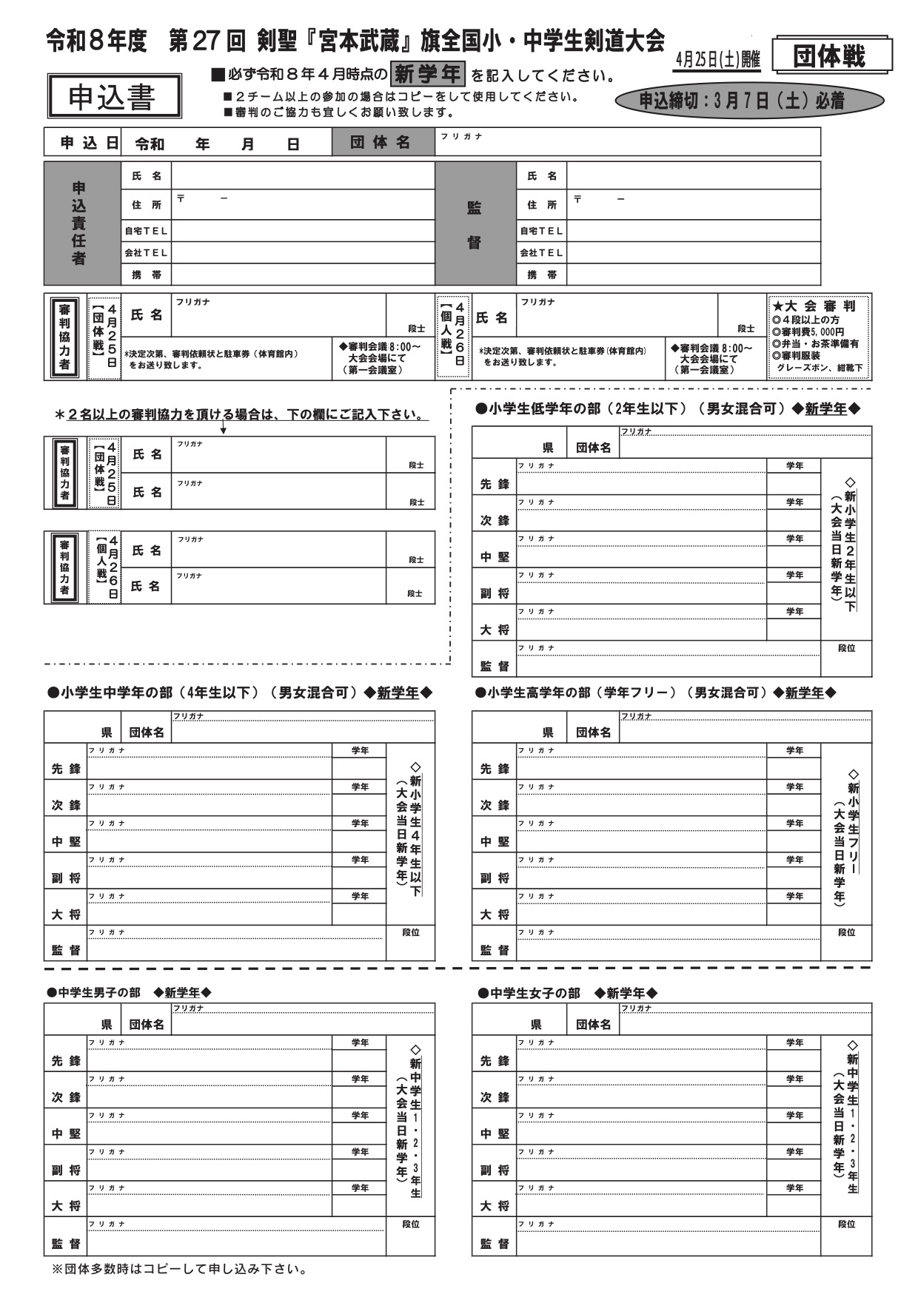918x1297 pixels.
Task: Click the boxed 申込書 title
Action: [114, 96]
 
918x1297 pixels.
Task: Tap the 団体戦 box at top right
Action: [831, 55]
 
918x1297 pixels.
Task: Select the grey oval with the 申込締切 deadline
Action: [748, 101]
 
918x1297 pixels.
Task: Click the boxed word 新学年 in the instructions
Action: [428, 74]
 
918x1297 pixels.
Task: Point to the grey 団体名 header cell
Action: [382, 142]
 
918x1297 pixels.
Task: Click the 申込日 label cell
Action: [82, 143]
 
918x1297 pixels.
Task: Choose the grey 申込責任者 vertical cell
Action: [80, 223]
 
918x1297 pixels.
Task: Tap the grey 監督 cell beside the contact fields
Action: [474, 224]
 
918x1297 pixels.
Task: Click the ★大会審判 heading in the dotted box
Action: [814, 306]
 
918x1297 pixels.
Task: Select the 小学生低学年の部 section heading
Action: [666, 408]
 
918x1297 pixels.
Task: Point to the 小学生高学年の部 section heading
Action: [654, 693]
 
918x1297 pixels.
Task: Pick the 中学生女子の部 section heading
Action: [567, 993]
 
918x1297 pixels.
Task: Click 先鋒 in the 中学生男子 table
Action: [66, 1061]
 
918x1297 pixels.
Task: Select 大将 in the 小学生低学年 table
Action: [495, 630]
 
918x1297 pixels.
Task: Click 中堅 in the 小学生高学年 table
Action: [495, 841]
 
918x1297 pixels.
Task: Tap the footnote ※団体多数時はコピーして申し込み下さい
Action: [178, 1270]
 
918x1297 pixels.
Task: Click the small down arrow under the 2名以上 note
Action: [223, 429]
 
